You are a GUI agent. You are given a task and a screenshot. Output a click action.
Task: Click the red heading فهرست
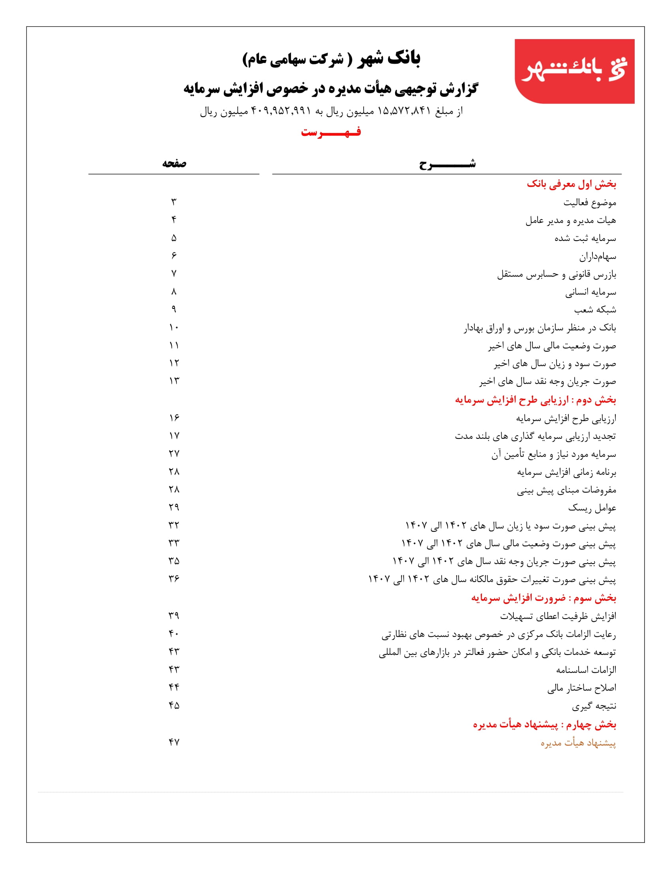331,132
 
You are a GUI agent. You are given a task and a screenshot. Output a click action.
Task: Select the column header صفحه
174,163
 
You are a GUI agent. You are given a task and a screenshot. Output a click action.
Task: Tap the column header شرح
447,164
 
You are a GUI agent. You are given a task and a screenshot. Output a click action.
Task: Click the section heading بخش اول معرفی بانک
571,184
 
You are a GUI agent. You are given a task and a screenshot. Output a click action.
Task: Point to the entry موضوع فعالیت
590,203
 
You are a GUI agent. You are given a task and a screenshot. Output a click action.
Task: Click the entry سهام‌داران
598,257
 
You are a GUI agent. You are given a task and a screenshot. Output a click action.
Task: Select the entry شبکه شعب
595,310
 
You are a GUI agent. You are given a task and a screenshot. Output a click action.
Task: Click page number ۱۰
174,327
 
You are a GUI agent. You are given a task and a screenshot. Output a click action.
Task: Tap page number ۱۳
174,381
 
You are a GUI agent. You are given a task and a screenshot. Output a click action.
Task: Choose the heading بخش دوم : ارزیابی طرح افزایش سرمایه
536,400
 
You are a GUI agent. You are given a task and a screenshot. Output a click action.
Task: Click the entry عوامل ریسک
592,508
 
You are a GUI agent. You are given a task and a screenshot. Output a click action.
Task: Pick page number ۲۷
174,453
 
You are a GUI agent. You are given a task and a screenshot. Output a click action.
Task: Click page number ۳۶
174,578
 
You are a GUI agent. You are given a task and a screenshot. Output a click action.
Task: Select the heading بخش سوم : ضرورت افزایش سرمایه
544,598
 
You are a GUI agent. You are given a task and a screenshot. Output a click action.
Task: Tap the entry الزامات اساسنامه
586,670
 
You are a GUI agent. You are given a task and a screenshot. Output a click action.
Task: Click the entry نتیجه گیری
594,706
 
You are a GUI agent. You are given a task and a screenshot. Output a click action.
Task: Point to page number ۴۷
174,742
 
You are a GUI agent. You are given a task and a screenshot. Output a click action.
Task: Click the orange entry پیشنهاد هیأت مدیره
578,743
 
